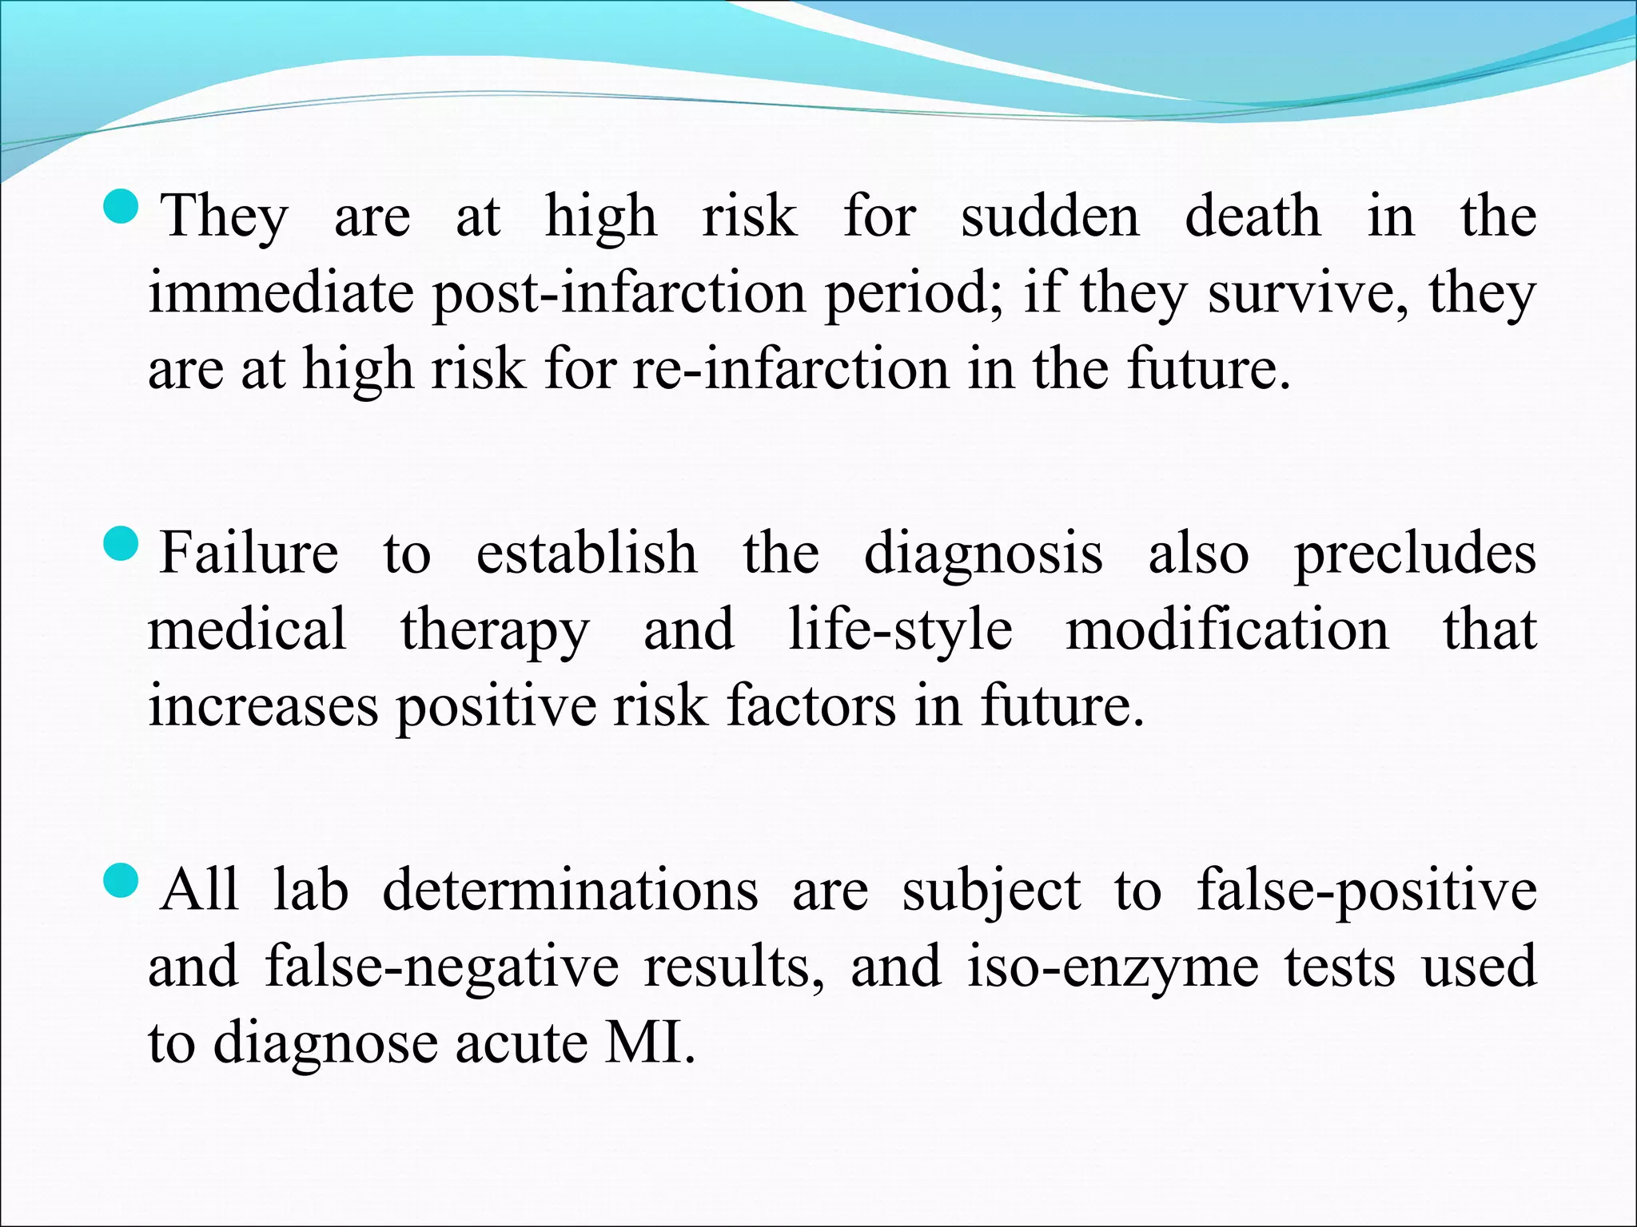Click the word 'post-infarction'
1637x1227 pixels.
point(619,294)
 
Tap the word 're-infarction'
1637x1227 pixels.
point(791,370)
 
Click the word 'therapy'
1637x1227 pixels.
point(495,631)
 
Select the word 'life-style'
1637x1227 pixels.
point(900,631)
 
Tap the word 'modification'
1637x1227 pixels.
point(1228,629)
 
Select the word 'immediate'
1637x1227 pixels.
point(282,292)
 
